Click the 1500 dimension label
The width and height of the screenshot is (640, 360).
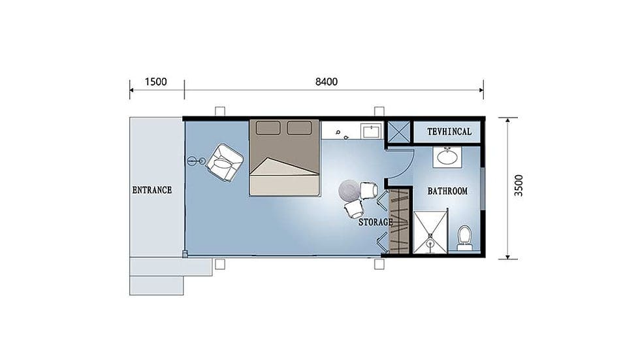[x=156, y=82]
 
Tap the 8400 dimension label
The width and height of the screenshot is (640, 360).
[x=327, y=82]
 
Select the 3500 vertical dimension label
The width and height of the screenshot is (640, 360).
[x=519, y=186]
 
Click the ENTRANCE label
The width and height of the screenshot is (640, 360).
[x=152, y=190]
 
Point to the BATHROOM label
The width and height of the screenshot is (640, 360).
[x=447, y=191]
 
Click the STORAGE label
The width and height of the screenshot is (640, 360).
[x=376, y=222]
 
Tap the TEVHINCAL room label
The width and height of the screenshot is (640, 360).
[x=449, y=132]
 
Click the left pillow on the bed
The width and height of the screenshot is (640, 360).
[x=268, y=128]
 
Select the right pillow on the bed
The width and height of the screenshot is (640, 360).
[x=299, y=128]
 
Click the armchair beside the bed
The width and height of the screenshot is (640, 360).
[x=225, y=163]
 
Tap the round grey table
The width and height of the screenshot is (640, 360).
[x=349, y=190]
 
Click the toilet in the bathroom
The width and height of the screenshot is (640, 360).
[x=464, y=238]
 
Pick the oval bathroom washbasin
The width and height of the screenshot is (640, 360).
[x=447, y=157]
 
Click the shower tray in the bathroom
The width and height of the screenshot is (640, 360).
[x=430, y=232]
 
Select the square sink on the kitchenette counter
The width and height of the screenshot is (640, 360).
[x=371, y=131]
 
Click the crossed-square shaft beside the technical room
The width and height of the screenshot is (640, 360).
[x=398, y=132]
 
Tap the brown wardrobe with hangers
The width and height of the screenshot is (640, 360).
[x=399, y=221]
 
